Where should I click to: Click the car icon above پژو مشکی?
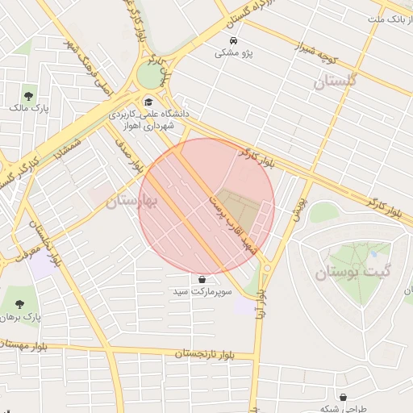click(232, 40)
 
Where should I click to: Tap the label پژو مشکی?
click(234, 53)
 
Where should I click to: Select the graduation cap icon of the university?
click(148, 102)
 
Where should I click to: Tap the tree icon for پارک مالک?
click(30, 94)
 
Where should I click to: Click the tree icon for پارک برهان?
click(19, 304)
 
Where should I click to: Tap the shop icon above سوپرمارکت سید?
click(200, 277)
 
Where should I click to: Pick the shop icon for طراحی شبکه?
click(344, 397)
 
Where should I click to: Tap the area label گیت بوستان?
click(346, 273)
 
